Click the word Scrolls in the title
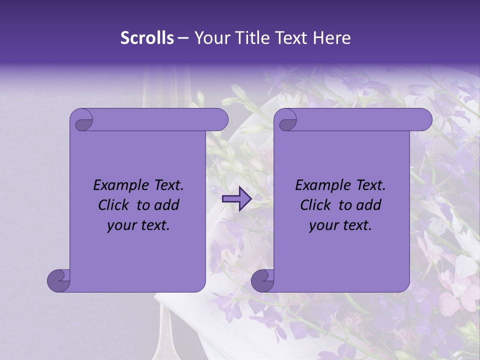click(x=147, y=38)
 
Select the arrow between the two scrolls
click(x=236, y=199)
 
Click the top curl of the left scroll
click(x=82, y=120)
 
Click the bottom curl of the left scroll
click(x=59, y=280)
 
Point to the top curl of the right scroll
click(x=286, y=120)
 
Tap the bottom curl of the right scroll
click(x=263, y=280)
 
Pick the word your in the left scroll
click(x=120, y=226)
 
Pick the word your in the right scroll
click(x=322, y=226)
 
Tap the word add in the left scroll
click(x=167, y=205)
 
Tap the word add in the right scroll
click(x=369, y=205)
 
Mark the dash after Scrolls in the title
click(x=183, y=38)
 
